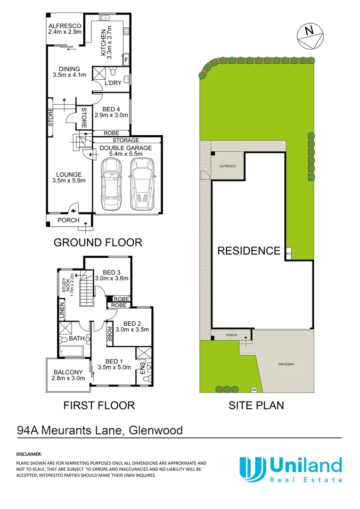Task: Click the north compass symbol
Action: (x=310, y=35)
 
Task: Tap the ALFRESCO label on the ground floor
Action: (x=65, y=26)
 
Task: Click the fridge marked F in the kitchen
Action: (x=126, y=59)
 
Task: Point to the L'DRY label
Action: (x=113, y=83)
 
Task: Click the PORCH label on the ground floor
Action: (x=68, y=220)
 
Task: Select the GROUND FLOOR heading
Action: (x=98, y=242)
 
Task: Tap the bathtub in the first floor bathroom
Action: (x=71, y=351)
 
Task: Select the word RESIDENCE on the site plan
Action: (x=249, y=251)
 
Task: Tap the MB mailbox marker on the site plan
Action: (x=254, y=390)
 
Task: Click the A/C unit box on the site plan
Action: (x=288, y=254)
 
